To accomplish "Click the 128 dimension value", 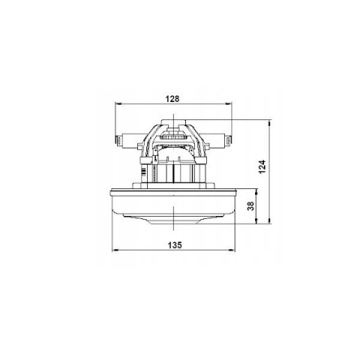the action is [x=172, y=99].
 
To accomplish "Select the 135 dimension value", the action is [x=175, y=245].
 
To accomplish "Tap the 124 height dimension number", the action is [x=262, y=166].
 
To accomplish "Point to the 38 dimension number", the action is [x=250, y=205].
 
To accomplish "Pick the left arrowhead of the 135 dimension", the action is [x=115, y=250].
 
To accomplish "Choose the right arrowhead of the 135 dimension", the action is [x=232, y=250].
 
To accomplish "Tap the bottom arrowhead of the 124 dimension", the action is [x=269, y=220].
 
